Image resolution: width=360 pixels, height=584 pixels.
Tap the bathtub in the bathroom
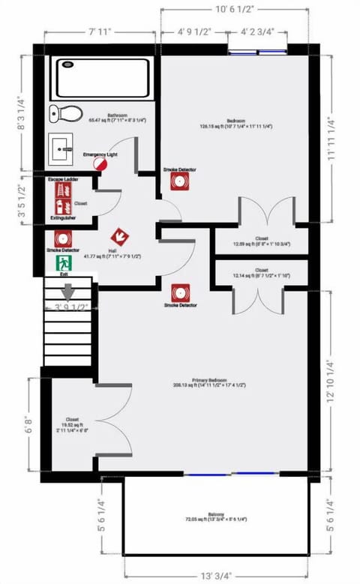click(x=102, y=78)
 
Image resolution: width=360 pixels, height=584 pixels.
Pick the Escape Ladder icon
click(x=61, y=190)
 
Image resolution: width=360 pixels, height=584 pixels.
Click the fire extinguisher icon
click(x=61, y=206)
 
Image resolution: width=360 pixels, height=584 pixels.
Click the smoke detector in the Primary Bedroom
click(x=180, y=291)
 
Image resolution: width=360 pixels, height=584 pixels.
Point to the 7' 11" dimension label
click(x=99, y=31)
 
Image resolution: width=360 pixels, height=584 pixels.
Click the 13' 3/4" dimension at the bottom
click(x=217, y=575)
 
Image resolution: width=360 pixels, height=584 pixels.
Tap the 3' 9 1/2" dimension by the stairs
click(x=72, y=307)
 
